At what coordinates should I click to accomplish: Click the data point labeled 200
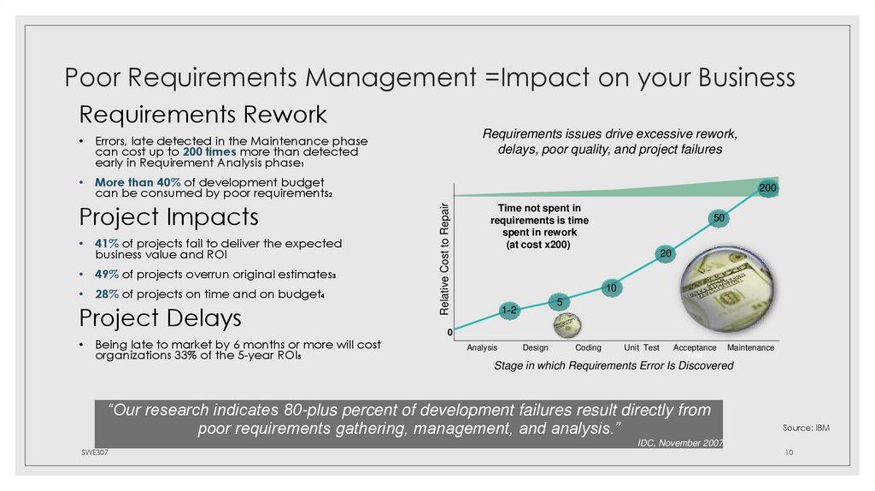[x=766, y=187]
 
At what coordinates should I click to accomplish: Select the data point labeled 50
[x=719, y=220]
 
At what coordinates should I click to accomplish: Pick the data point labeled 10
[x=612, y=289]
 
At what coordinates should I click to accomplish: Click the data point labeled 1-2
[x=508, y=311]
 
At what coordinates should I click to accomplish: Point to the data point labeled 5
[x=559, y=302]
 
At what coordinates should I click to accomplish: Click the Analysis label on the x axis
[x=482, y=348]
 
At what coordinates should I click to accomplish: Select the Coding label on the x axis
[x=588, y=348]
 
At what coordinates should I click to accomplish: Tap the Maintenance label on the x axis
[x=750, y=348]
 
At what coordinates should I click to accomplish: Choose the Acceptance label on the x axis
[x=695, y=348]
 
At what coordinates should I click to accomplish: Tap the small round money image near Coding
[x=567, y=325]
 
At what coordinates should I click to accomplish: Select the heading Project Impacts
[x=168, y=216]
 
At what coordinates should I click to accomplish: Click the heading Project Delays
[x=160, y=318]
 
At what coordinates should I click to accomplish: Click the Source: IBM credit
[x=806, y=427]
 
